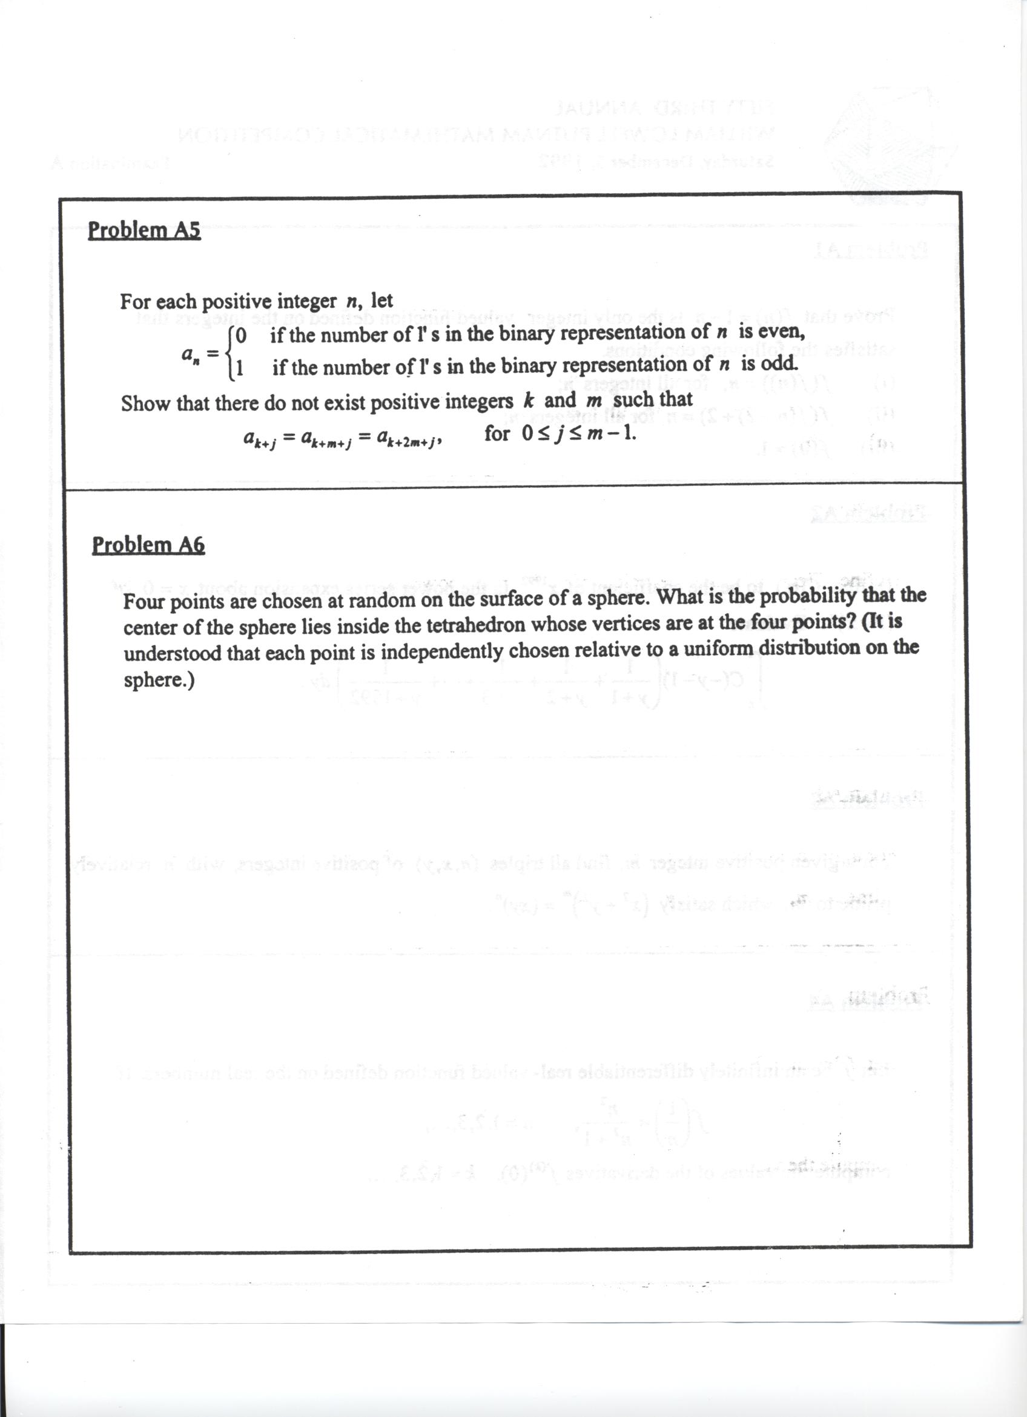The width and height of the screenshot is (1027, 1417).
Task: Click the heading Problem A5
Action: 144,230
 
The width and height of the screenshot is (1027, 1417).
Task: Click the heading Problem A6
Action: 148,545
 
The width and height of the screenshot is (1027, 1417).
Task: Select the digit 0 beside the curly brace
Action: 241,336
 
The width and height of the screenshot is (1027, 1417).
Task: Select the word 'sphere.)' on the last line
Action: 159,680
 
